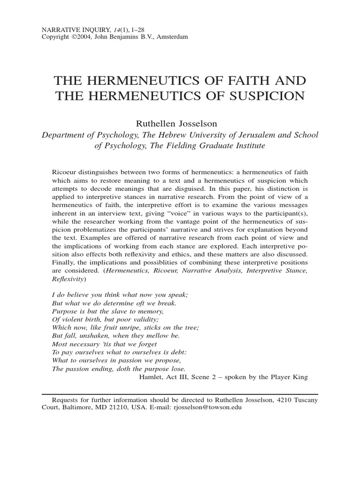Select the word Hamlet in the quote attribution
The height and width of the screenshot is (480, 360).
151,377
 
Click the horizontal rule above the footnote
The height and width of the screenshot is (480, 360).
180,393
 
